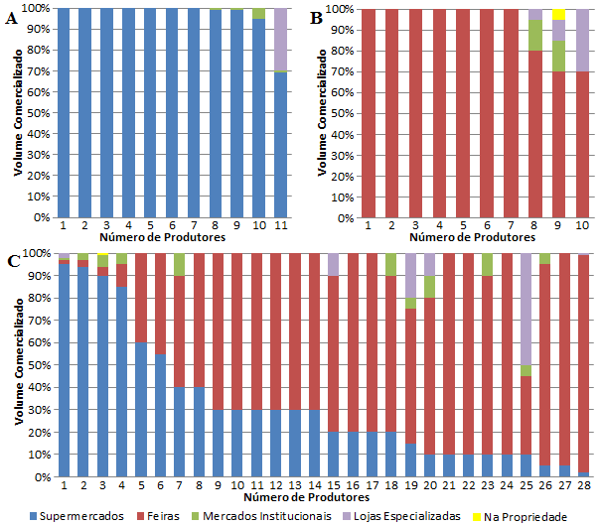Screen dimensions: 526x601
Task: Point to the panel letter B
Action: point(316,17)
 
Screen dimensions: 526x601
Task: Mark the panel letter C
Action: point(12,261)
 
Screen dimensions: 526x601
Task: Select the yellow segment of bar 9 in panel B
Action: point(559,14)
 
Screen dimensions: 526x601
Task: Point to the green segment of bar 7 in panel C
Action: point(180,264)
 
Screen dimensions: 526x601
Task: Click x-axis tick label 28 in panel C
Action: point(584,485)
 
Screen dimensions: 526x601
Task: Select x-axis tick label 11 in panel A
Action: point(282,225)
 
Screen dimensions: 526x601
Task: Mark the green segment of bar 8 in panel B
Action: point(535,35)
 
